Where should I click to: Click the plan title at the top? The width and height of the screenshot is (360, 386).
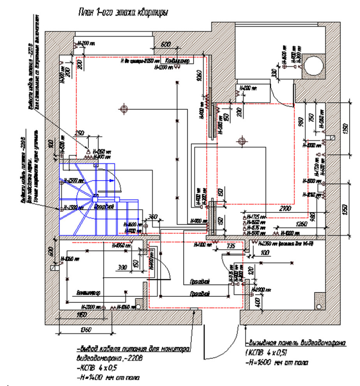click(123, 13)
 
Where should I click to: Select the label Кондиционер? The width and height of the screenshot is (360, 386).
click(177, 61)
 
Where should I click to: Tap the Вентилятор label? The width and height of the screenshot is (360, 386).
click(88, 292)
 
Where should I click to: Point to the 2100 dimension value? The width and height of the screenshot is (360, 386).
click(286, 209)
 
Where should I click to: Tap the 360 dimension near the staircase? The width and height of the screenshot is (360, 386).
click(153, 216)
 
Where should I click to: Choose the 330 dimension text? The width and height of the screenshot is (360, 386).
click(274, 73)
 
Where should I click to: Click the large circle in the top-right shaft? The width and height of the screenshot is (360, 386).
click(314, 65)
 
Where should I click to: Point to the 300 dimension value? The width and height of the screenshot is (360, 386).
click(122, 268)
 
